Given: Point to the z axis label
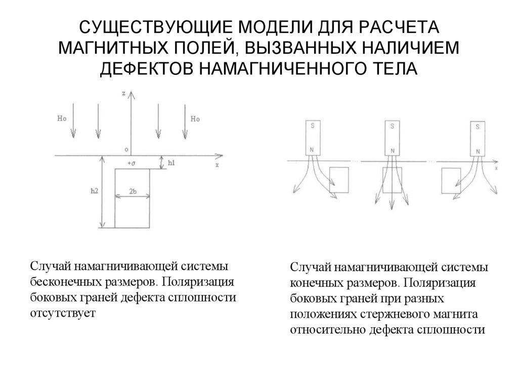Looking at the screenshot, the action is tap(124, 94).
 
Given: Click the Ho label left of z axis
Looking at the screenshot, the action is tap(62, 119).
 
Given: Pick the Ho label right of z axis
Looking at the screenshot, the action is tap(196, 119).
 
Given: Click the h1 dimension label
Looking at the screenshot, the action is tap(171, 163).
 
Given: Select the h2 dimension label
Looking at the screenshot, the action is tap(94, 191).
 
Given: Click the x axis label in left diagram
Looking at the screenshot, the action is tap(217, 165).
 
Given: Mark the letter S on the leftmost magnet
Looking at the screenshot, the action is tap(312, 127).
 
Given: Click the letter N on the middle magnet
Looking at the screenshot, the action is tap(392, 151).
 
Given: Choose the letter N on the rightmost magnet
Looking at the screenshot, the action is tap(476, 151).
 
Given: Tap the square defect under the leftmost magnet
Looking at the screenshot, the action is tap(338, 181).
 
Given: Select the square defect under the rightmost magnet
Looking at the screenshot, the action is tap(452, 181).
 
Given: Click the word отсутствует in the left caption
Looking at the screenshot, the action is tap(62, 313).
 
